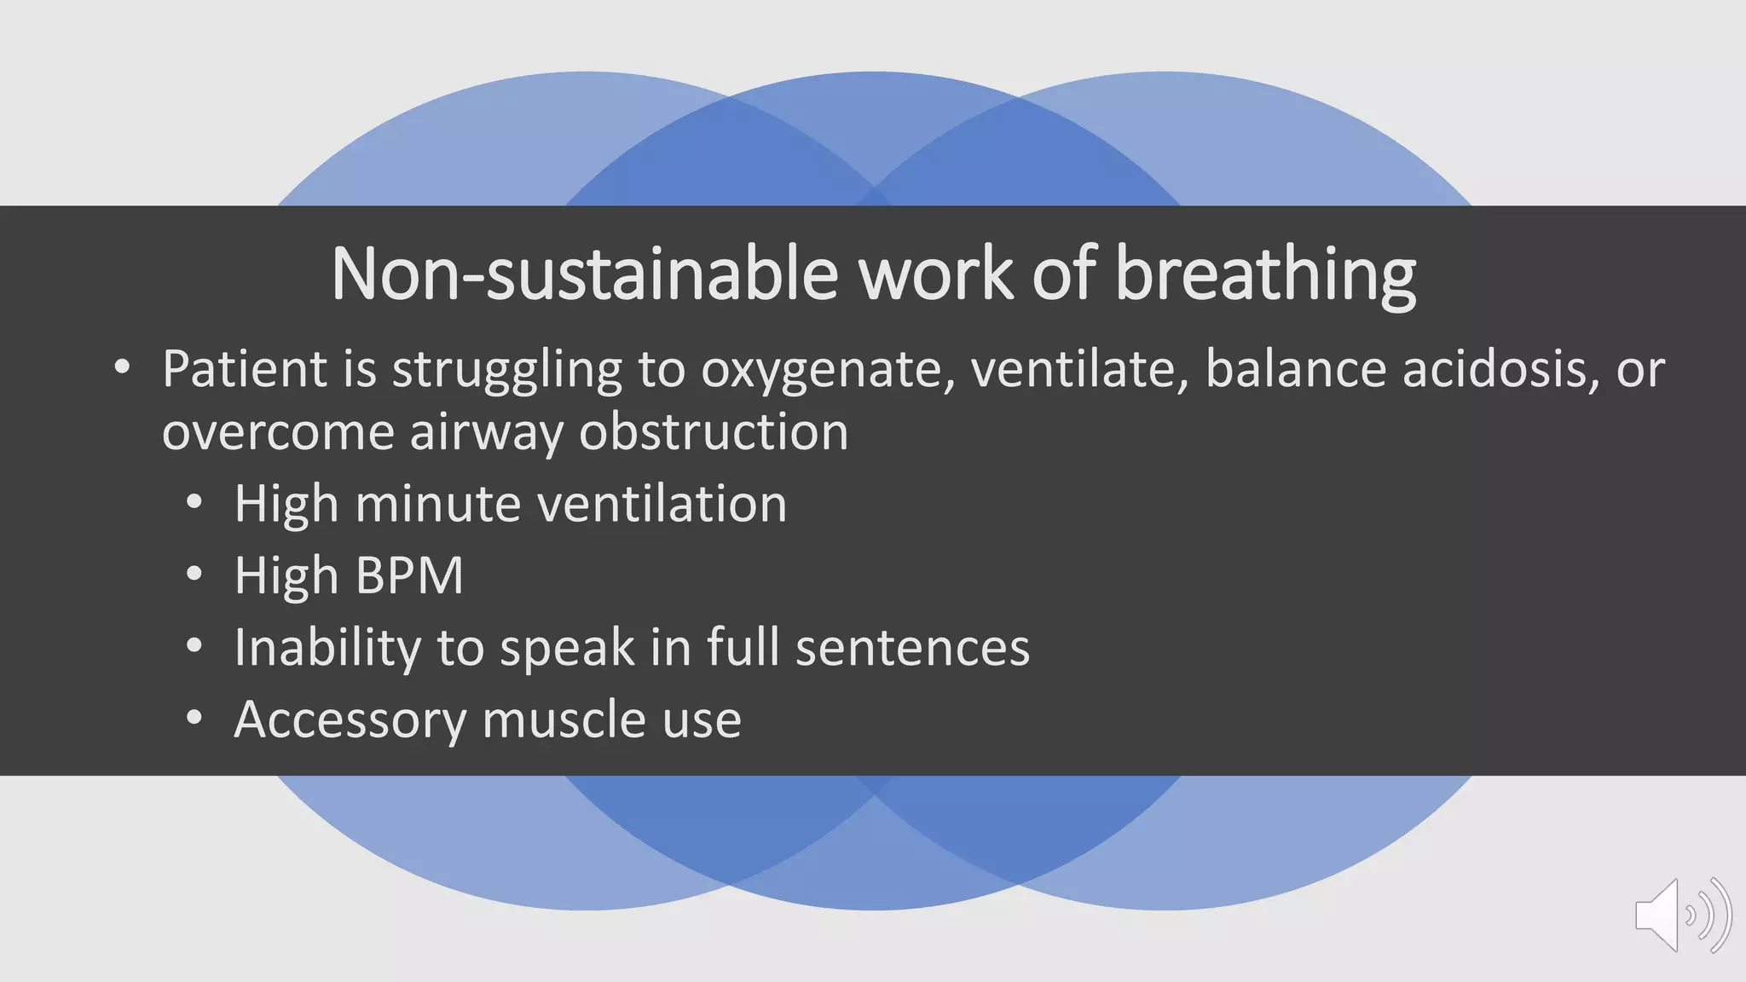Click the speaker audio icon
click(1682, 915)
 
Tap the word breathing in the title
click(1265, 274)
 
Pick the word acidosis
click(1500, 369)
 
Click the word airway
click(487, 433)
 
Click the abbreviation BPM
click(409, 575)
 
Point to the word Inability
click(327, 648)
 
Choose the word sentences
click(912, 648)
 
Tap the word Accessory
click(350, 720)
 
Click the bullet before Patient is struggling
click(122, 369)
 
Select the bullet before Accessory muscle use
click(194, 719)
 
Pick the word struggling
click(507, 371)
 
